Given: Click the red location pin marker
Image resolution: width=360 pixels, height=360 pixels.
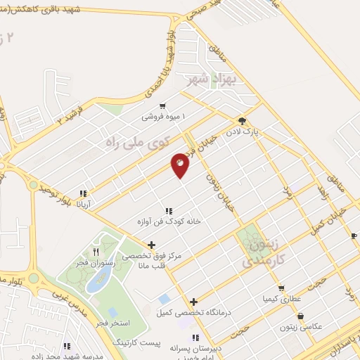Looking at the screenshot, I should click(180, 165).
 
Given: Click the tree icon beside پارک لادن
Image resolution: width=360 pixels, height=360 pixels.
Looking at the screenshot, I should click(242, 120).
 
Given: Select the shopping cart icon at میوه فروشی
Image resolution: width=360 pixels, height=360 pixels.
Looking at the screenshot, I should click(163, 105).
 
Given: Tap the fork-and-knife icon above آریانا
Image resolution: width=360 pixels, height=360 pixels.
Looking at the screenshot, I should click(83, 193).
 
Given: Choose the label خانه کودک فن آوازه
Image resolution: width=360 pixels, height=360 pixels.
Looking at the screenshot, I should click(169, 221).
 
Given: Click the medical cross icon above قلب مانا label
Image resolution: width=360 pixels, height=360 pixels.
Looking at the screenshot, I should click(152, 245).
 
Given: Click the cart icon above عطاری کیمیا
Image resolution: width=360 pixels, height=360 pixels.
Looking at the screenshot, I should click(281, 288).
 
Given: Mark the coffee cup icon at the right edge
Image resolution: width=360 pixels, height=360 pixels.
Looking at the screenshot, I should click(354, 236).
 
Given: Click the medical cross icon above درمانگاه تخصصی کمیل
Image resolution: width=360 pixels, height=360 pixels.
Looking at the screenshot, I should click(193, 302).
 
